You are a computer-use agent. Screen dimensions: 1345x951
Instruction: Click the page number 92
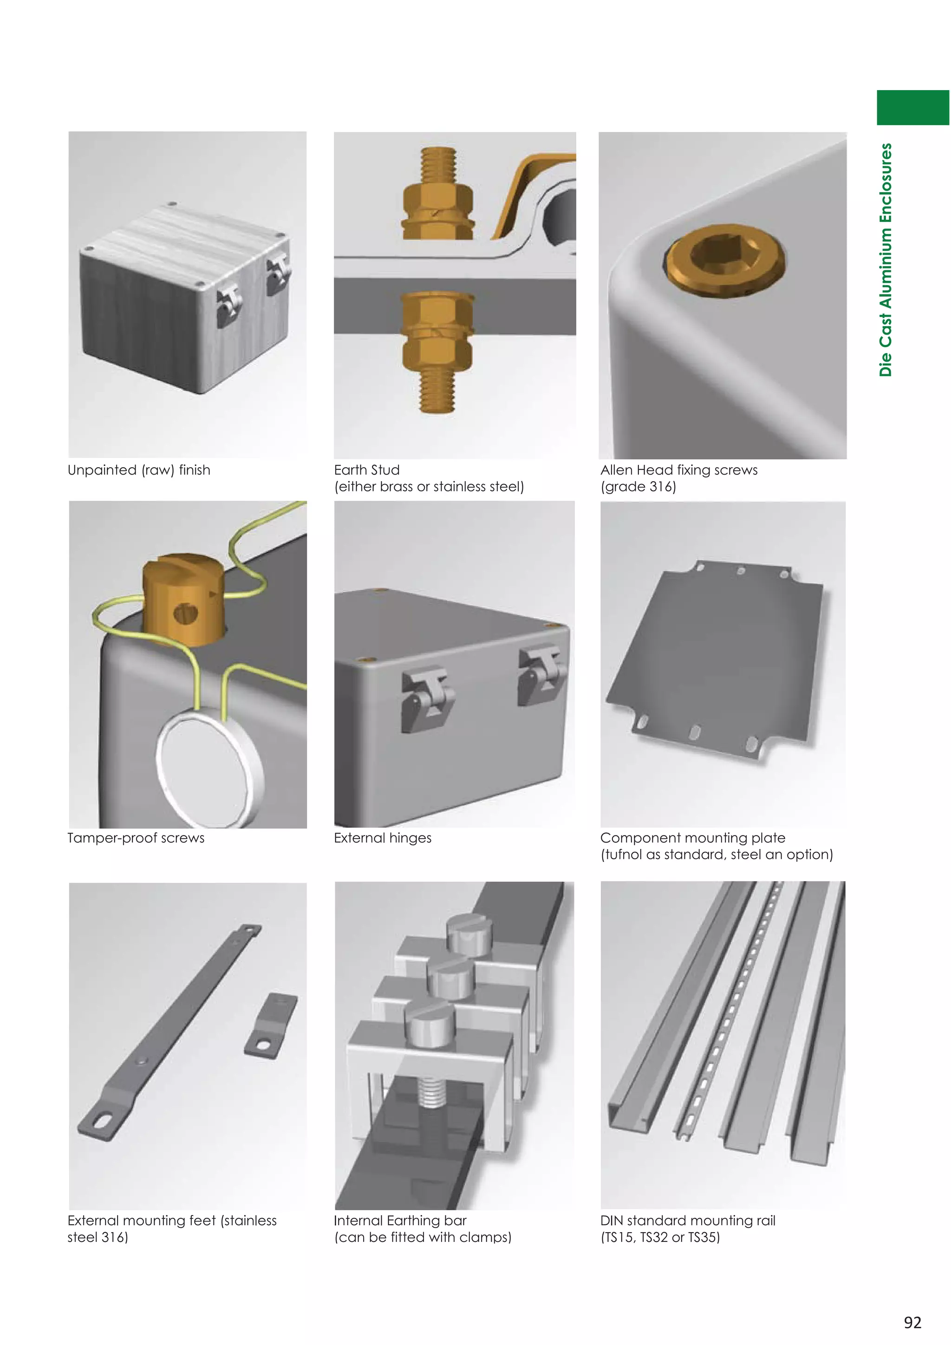click(x=912, y=1322)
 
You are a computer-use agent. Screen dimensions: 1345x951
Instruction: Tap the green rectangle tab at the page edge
click(x=912, y=107)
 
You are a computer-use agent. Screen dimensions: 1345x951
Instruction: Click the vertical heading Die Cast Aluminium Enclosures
click(x=886, y=260)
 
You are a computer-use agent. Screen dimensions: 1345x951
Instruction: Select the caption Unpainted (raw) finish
click(x=139, y=470)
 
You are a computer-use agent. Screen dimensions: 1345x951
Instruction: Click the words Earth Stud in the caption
click(x=366, y=470)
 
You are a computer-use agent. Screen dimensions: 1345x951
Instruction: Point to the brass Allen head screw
click(x=725, y=260)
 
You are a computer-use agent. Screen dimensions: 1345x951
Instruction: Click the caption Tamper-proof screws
click(x=136, y=838)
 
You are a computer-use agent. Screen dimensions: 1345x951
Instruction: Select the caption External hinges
click(x=382, y=838)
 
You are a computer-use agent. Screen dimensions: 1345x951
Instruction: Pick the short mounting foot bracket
click(x=271, y=1025)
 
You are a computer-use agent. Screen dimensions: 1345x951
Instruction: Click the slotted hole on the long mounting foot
click(x=101, y=1120)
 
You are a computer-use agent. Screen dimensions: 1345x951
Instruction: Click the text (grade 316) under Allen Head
click(x=638, y=486)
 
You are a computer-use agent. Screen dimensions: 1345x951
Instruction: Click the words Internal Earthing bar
click(x=400, y=1220)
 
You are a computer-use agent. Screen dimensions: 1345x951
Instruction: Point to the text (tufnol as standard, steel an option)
click(x=716, y=854)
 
